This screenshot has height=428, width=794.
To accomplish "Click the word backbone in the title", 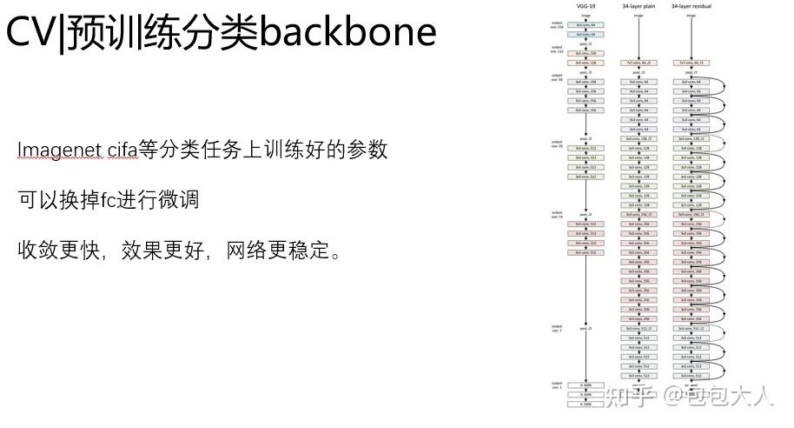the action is (x=347, y=33).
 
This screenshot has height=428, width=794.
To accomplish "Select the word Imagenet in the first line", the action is (x=59, y=150).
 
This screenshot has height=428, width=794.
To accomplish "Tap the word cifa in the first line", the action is (x=127, y=150).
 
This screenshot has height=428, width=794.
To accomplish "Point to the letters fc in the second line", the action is (x=109, y=200).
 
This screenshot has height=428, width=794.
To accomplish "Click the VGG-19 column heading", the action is (x=586, y=7).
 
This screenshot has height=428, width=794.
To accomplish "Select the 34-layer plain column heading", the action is (x=639, y=7).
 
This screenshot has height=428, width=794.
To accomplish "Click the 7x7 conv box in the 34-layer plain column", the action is (x=639, y=63).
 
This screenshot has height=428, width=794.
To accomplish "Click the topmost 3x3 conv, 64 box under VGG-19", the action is (x=586, y=26).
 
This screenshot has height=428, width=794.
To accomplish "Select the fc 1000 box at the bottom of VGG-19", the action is (x=586, y=404).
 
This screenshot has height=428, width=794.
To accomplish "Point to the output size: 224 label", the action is (x=557, y=23).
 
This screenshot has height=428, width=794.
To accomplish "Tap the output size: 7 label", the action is (x=557, y=328).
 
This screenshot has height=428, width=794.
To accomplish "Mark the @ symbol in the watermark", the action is (x=675, y=397).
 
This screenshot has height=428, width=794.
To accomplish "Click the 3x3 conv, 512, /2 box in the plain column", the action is (x=639, y=329).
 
